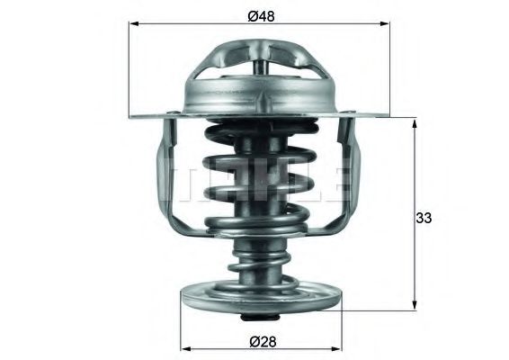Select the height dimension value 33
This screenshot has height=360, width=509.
coord(426,217)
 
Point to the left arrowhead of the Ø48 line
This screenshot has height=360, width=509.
coord(134,25)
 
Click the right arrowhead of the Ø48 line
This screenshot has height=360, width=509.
coord(388,25)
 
